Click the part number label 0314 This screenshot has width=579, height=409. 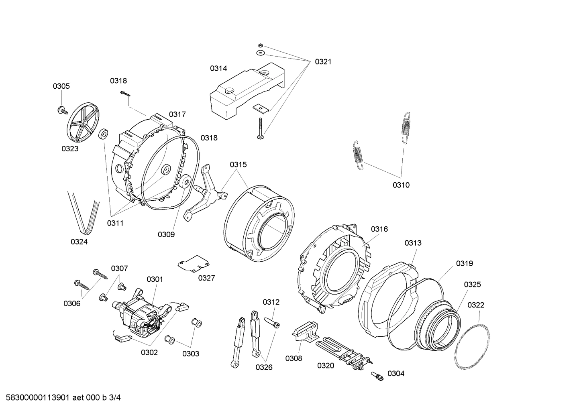(x=218, y=69)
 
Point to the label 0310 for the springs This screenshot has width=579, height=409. (x=401, y=185)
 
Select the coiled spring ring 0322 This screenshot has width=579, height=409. (x=473, y=343)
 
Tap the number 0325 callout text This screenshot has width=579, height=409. (x=472, y=285)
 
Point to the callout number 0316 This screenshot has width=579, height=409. (x=379, y=229)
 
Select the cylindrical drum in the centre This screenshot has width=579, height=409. (x=259, y=223)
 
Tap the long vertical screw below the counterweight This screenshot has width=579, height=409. (x=260, y=128)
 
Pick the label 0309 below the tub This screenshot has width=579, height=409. (x=166, y=235)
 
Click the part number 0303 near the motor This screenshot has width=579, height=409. (x=190, y=354)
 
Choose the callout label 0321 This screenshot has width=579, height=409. (x=323, y=61)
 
